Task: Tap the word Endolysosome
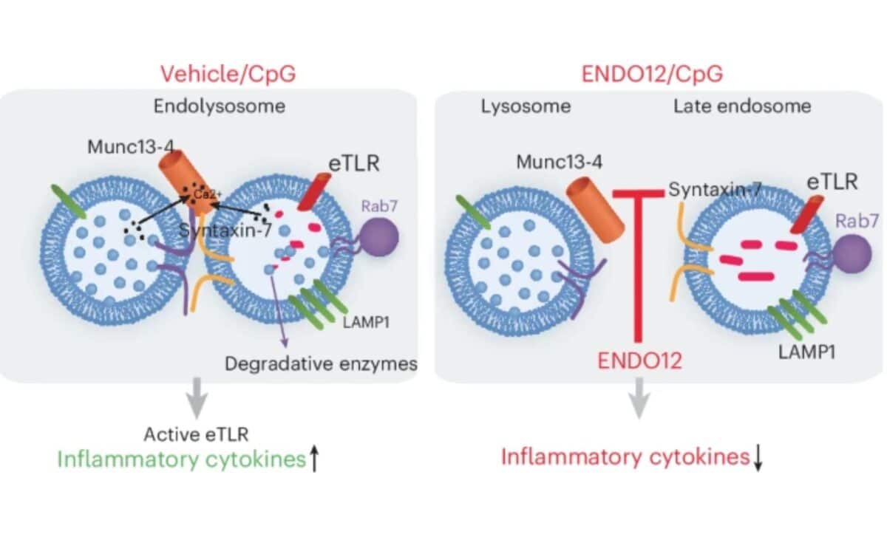tap(220, 106)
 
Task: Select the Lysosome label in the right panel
tap(526, 106)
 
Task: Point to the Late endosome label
tap(741, 106)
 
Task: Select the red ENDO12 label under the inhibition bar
tap(639, 361)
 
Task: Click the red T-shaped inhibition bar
tap(639, 259)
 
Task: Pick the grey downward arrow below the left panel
tap(196, 400)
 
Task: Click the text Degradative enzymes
tap(321, 363)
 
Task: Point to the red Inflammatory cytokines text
tap(625, 456)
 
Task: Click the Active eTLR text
tap(191, 435)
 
